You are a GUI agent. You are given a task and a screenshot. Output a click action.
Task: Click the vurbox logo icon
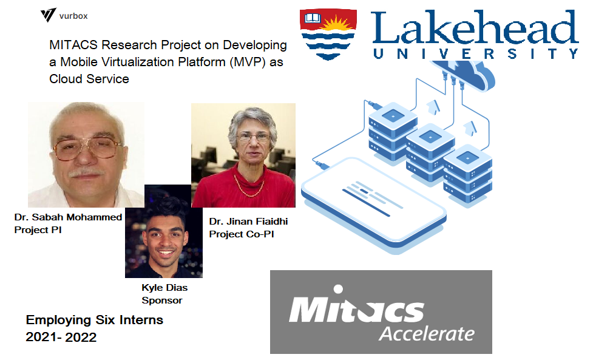point(48,15)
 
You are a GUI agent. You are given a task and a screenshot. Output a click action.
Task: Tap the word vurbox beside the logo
point(73,16)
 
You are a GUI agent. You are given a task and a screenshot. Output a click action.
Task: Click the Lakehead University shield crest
point(328,35)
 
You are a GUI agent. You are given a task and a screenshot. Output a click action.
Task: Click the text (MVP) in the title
point(248,62)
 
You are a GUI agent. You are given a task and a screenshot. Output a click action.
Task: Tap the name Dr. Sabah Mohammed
point(68,217)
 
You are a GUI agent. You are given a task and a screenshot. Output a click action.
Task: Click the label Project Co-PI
point(242,234)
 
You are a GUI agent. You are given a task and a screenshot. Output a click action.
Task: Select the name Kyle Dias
point(164,287)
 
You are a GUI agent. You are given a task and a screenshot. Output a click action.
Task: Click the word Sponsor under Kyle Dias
point(162,301)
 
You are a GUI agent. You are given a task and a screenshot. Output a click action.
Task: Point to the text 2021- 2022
point(61,336)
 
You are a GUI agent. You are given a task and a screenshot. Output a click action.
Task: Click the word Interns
point(141,320)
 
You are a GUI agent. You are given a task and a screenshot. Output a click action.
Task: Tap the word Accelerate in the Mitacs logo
point(427,333)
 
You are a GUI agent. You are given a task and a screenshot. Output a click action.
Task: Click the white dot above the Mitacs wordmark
point(338,290)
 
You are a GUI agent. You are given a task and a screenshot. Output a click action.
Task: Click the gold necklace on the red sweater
point(248,186)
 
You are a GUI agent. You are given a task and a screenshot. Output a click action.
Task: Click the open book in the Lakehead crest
point(313,18)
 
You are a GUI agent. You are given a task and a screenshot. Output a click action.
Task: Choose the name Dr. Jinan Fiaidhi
point(248,221)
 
